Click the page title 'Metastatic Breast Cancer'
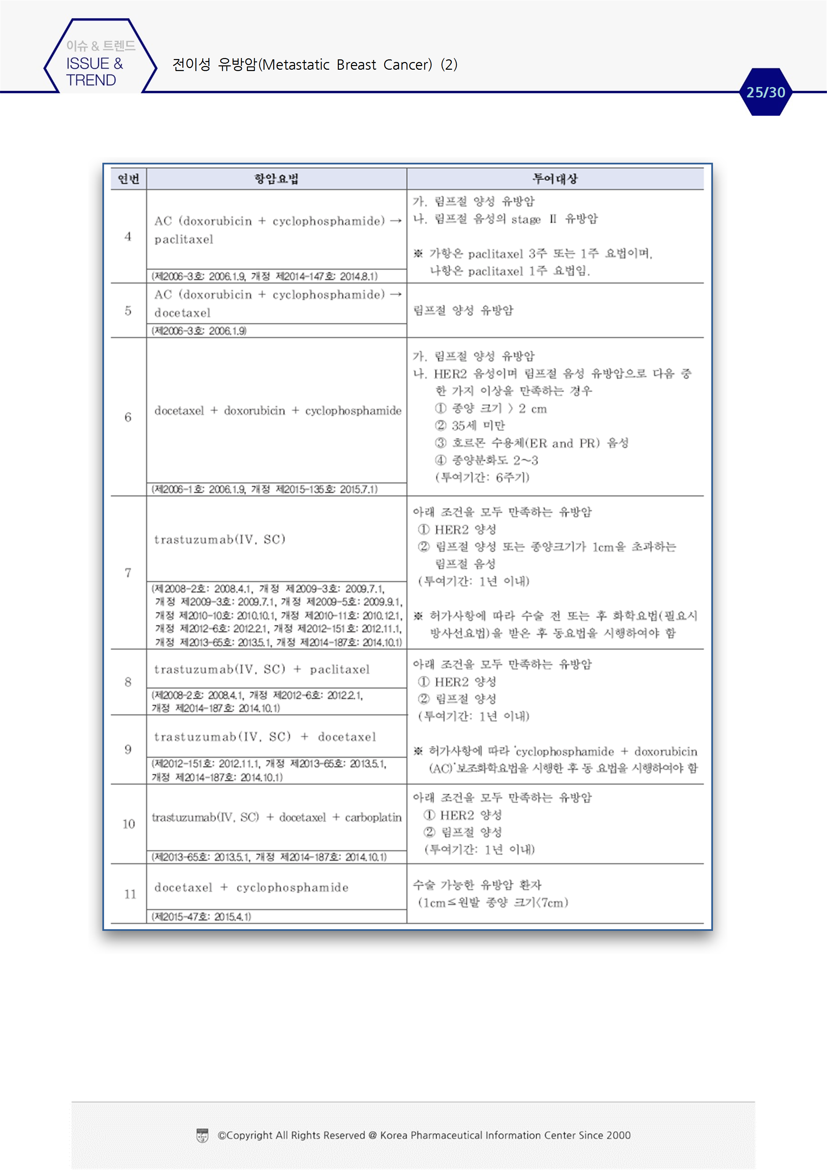click(x=346, y=65)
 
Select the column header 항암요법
click(x=276, y=179)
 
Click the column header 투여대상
click(x=555, y=179)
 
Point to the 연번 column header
click(x=128, y=179)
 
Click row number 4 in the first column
click(x=128, y=236)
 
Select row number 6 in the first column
click(x=128, y=417)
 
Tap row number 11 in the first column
click(x=130, y=894)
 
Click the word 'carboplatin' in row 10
click(x=373, y=817)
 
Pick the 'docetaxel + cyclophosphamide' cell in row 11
click(x=251, y=887)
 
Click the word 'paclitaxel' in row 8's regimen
click(x=340, y=669)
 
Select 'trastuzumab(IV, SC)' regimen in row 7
click(x=220, y=539)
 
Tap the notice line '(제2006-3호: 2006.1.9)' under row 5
click(x=199, y=331)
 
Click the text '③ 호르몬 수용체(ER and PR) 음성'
click(x=532, y=443)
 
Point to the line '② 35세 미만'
click(x=470, y=426)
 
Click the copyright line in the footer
click(x=424, y=1135)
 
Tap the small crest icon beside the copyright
click(x=202, y=1135)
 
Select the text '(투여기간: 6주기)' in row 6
click(x=482, y=478)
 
